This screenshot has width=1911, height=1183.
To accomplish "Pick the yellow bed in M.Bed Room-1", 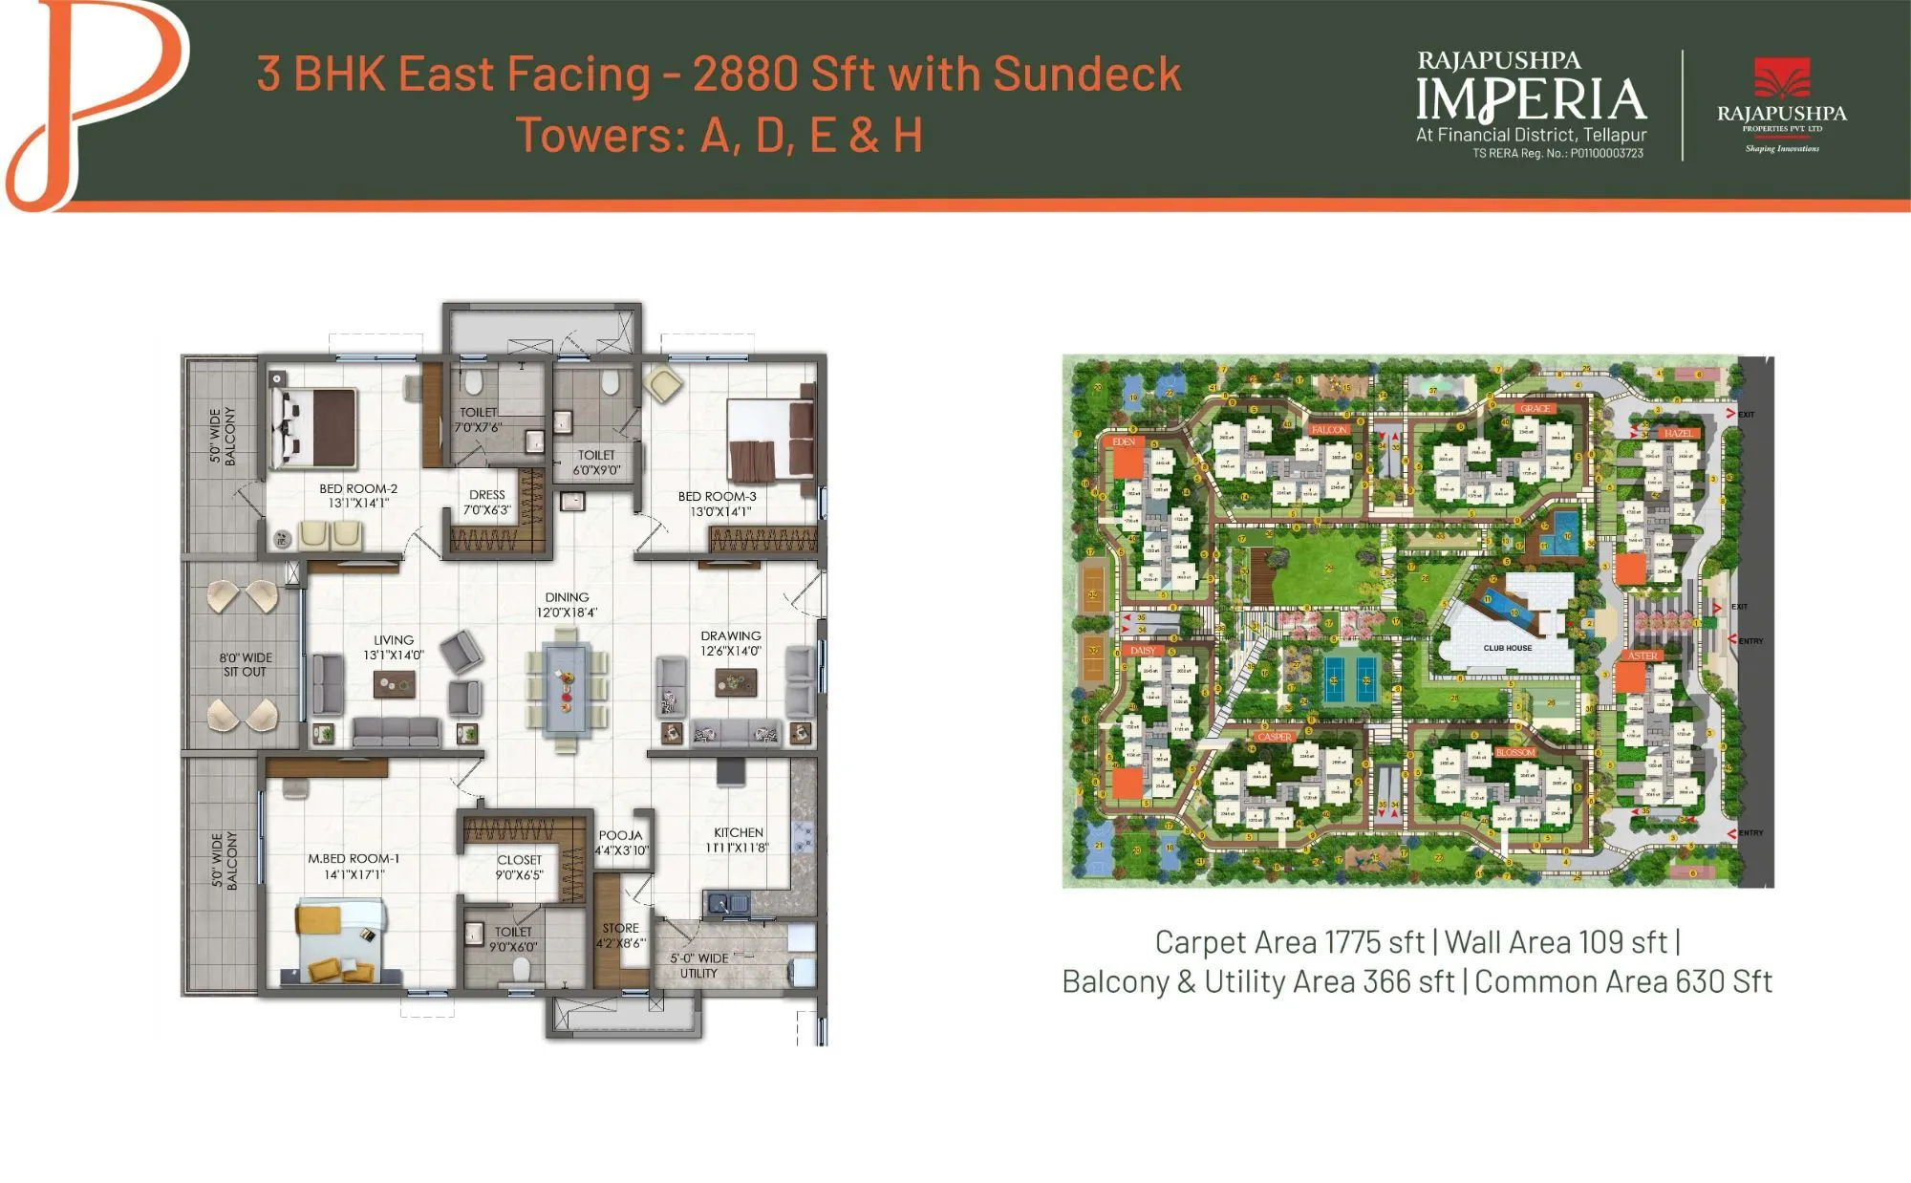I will coord(341,940).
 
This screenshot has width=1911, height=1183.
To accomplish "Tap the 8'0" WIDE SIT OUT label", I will coord(246,664).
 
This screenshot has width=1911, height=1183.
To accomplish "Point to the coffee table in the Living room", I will coord(394,681).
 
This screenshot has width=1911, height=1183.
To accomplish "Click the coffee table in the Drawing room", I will coord(735,682).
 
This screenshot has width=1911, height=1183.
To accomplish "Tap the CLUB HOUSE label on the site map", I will coord(1507,648).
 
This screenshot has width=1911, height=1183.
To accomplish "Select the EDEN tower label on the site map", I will coord(1124,441).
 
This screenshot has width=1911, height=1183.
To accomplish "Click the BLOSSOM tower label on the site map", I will coord(1514,752).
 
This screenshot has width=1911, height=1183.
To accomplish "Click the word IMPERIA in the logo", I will coord(1531,99).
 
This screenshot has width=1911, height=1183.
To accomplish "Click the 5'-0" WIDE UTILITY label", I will coord(699,965).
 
